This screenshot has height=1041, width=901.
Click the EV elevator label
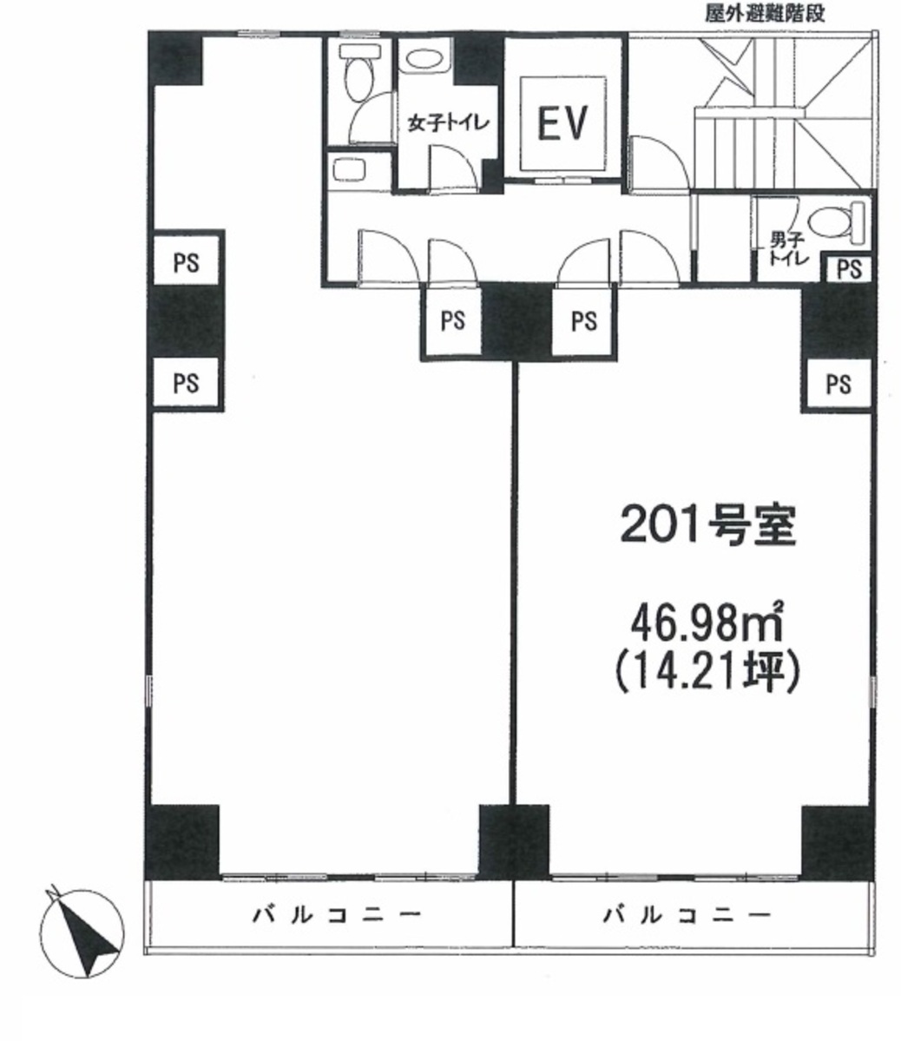tap(562, 122)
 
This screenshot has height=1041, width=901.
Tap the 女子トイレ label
tap(448, 122)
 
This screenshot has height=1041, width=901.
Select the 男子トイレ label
tap(789, 248)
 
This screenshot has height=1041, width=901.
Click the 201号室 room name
tap(707, 526)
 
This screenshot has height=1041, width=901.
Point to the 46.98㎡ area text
tap(707, 622)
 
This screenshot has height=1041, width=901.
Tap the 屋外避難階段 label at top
tap(765, 13)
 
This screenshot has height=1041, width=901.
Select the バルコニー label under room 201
tap(687, 915)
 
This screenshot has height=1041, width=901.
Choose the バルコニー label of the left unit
tap(337, 915)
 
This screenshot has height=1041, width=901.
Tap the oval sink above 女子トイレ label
tap(426, 58)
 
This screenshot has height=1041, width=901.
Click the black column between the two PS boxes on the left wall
tap(186, 323)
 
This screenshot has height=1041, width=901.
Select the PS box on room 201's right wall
tap(838, 384)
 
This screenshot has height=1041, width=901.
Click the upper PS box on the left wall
tap(186, 263)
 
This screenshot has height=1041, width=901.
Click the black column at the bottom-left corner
tap(182, 842)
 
